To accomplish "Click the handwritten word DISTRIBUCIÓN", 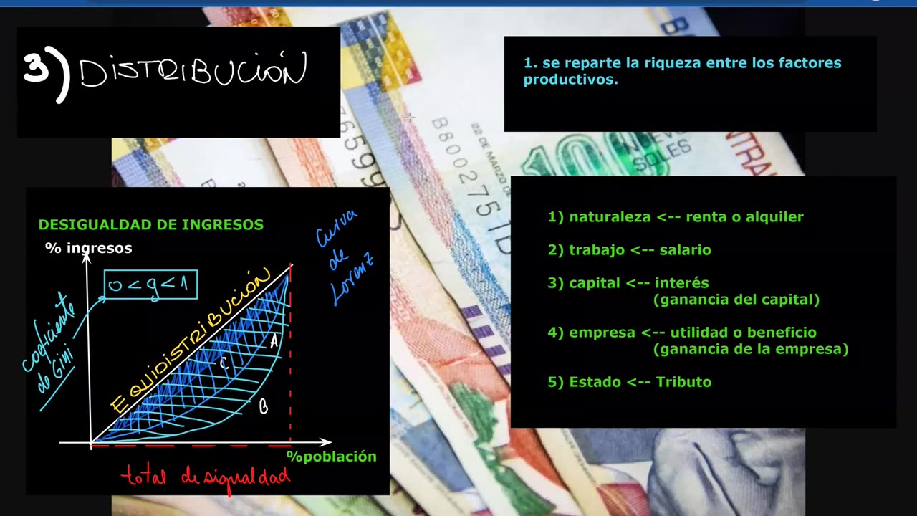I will (x=193, y=72).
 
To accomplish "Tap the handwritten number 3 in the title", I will (x=37, y=70).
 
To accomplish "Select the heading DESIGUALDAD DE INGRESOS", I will (x=151, y=225).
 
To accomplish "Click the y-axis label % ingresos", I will (x=89, y=248).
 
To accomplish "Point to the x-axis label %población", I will (x=331, y=457).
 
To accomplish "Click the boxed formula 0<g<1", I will (x=150, y=285).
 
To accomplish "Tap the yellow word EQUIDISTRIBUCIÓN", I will (x=190, y=340).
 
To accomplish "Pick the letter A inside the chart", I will (x=274, y=343).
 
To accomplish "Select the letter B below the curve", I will (x=264, y=407).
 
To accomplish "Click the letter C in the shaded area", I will (x=224, y=363).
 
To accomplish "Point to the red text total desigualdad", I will (x=206, y=476).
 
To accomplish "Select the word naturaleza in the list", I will (x=610, y=217).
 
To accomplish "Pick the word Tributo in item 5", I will (x=686, y=382).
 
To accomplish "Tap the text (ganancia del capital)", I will (x=736, y=300).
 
